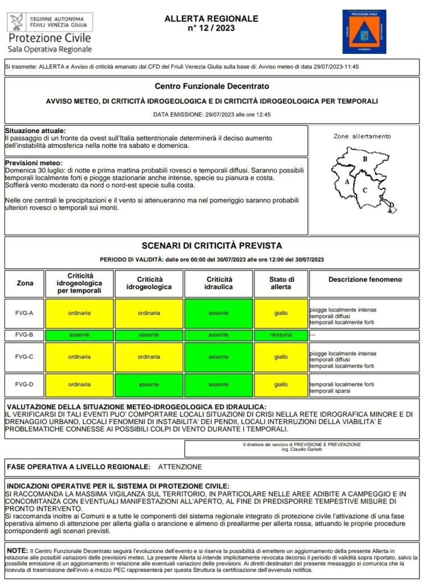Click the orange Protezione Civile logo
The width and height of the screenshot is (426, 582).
pos(364,32)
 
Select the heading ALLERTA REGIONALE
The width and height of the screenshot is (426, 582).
pos(211,19)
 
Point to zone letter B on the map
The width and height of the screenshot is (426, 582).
pos(365,159)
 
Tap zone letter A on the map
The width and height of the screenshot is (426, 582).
pos(346,182)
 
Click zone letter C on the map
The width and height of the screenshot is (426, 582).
pos(365,190)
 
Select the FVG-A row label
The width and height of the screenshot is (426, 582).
pos(24,313)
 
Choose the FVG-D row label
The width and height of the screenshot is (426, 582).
pos(24,385)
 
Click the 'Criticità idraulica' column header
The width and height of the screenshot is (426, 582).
pos(218,283)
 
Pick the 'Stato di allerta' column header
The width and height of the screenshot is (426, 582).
pos(281,283)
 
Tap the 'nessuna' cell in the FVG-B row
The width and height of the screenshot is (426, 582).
pos(281,335)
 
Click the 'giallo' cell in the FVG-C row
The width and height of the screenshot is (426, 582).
pos(281,357)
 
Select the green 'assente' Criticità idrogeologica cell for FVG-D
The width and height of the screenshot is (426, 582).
pos(149,385)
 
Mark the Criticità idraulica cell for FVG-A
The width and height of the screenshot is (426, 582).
pos(218,313)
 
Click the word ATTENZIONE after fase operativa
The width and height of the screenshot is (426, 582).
pos(180,467)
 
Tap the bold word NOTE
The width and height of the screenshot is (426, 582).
pos(17,551)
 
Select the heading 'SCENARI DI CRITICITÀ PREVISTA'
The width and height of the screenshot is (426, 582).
pos(212,246)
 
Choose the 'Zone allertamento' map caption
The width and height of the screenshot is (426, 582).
pos(362,136)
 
